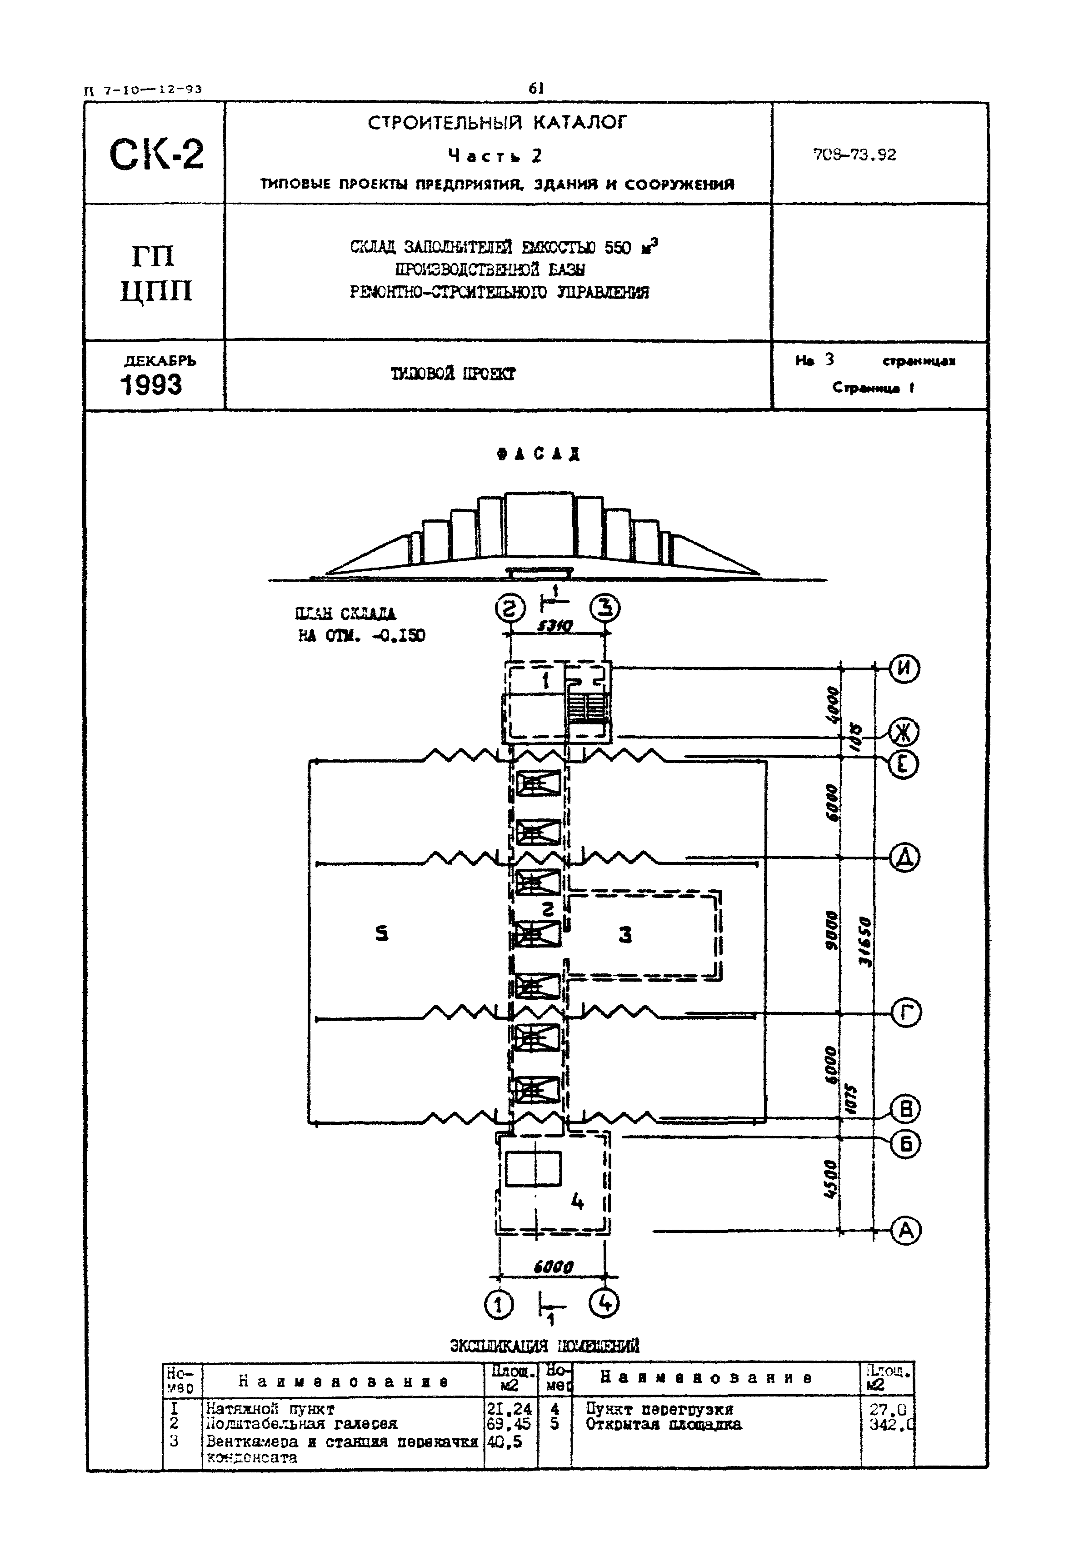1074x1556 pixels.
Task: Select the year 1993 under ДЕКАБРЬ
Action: [151, 385]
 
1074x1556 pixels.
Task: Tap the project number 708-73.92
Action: [854, 155]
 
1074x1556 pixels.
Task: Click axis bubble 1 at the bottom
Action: [498, 1306]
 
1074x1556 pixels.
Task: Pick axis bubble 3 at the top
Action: [605, 609]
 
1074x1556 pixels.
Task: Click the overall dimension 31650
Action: [865, 942]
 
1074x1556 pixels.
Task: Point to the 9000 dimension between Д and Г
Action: [832, 930]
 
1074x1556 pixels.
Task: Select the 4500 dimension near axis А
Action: [831, 1180]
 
